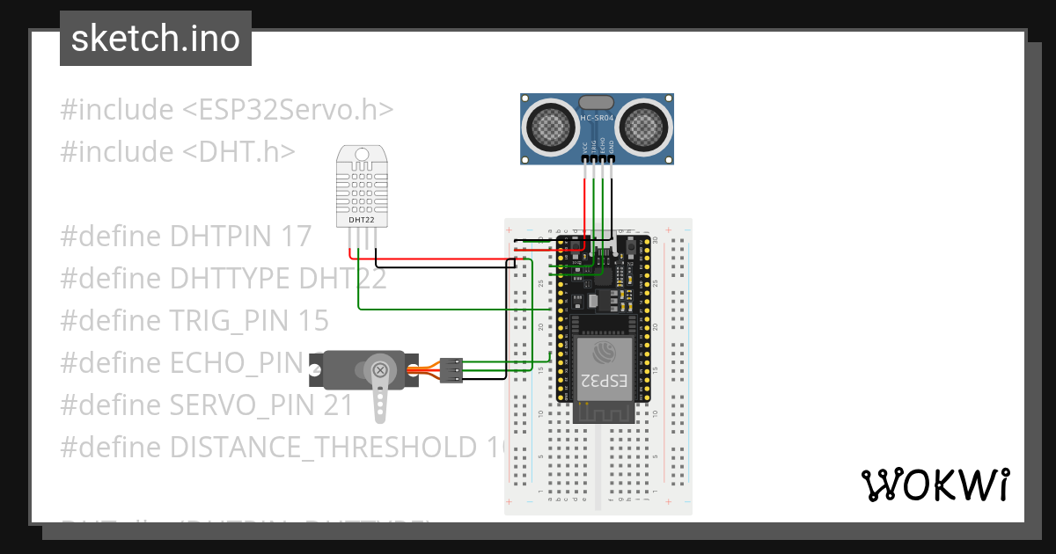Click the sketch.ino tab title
[156, 39]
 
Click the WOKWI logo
[935, 485]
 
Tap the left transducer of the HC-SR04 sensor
[549, 127]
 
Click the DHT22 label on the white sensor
[362, 220]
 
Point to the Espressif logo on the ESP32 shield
[605, 353]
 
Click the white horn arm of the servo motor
[380, 400]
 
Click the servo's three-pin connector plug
[451, 370]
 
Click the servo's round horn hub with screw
[380, 370]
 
